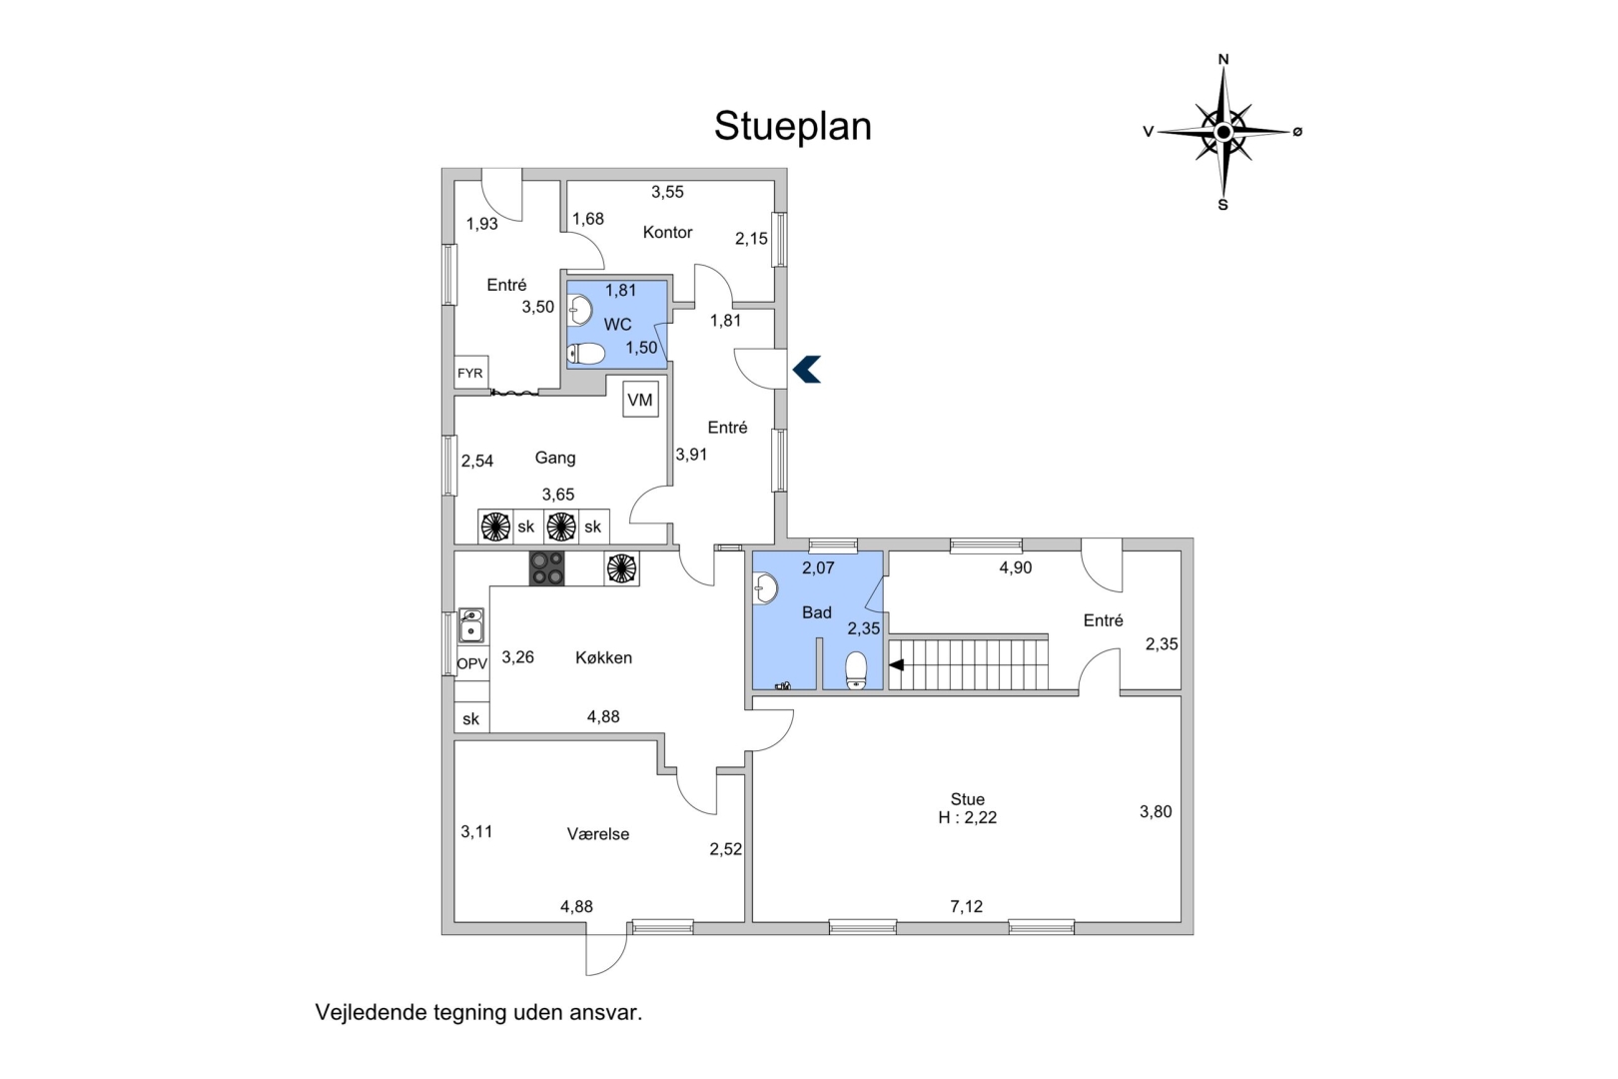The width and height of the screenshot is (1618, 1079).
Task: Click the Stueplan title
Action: (792, 127)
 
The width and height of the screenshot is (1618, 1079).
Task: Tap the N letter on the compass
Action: (1223, 59)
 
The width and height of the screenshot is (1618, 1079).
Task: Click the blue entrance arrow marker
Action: (807, 370)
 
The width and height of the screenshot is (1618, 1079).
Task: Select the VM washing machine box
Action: (640, 400)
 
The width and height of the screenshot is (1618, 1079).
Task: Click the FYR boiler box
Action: (471, 373)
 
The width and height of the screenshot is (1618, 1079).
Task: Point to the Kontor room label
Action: (667, 232)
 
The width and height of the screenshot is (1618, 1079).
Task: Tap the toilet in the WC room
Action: (586, 354)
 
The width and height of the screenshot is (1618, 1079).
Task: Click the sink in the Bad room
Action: (765, 588)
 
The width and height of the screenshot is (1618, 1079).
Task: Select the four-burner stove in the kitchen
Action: (546, 568)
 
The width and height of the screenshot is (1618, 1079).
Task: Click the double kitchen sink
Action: (471, 625)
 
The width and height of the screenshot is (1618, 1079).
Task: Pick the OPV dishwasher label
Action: (472, 663)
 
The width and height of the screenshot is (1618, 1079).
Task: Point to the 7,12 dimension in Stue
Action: (967, 906)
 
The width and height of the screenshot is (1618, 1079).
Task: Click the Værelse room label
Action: (598, 834)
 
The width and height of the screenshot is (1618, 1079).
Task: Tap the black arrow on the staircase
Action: (896, 665)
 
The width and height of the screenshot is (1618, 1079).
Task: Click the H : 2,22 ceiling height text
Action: (967, 817)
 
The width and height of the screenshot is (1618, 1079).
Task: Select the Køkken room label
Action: (604, 657)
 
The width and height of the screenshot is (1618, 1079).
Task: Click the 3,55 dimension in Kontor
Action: (667, 192)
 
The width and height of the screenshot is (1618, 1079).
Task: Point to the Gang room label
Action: (555, 458)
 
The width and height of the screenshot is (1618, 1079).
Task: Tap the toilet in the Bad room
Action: (856, 670)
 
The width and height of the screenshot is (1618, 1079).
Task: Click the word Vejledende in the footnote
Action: (372, 1012)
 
